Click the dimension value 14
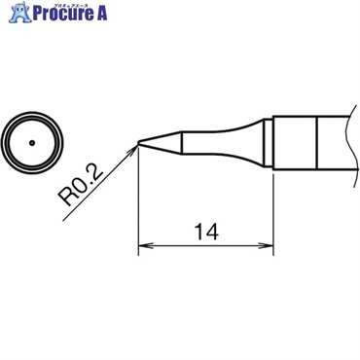(205, 232)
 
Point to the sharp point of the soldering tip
(139, 144)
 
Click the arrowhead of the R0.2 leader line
(135, 148)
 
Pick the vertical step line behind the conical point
(180, 143)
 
